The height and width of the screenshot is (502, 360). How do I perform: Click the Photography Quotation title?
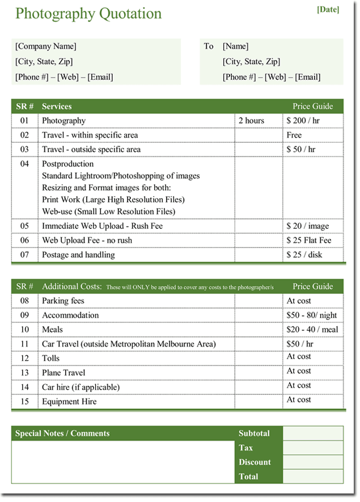(x=88, y=14)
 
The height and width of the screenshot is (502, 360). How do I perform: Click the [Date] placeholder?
(x=328, y=9)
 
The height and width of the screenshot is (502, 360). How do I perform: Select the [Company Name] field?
(x=46, y=46)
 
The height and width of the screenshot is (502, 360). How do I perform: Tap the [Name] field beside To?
(x=235, y=46)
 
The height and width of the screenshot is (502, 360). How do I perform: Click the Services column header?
(x=57, y=107)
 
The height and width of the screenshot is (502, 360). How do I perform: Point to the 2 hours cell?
(x=251, y=121)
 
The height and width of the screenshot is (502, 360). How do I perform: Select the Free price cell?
(x=294, y=135)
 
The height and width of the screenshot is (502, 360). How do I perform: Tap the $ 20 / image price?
(x=307, y=226)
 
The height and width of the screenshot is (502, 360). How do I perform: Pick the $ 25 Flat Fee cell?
(x=309, y=241)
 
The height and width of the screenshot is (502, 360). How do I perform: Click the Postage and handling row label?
(x=78, y=255)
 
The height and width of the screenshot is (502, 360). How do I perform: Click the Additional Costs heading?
(x=72, y=287)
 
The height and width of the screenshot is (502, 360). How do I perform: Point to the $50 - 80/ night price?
(x=311, y=316)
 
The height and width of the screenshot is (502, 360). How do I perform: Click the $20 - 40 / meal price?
(x=312, y=330)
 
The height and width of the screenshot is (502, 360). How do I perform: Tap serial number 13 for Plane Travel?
(x=24, y=373)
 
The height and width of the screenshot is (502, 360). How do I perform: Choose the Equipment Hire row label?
(x=69, y=402)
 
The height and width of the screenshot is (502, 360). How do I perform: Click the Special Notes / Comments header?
(x=62, y=433)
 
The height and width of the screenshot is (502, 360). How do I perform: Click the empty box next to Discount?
(x=313, y=462)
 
